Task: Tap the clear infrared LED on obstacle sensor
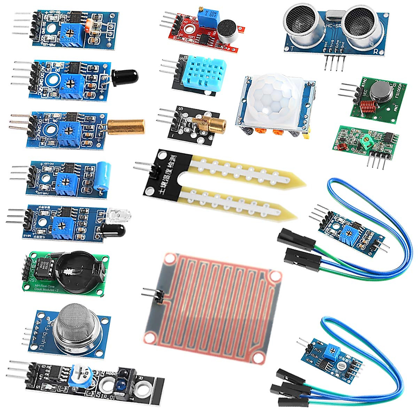click(116, 216)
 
